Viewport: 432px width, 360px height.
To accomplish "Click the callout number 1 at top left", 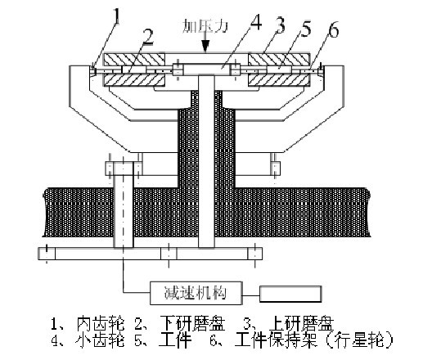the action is [x=117, y=16].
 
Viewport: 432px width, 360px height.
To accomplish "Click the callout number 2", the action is [x=149, y=38].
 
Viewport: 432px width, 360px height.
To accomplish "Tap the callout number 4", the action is [x=255, y=23].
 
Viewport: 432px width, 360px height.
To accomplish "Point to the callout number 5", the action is [x=306, y=29].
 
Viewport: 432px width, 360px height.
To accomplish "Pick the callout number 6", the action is [x=334, y=30].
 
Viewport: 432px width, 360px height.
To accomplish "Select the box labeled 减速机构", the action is [x=196, y=293].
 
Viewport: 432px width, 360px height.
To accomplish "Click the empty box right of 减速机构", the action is [x=290, y=295].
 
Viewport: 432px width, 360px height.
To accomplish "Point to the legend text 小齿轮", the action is [x=100, y=340].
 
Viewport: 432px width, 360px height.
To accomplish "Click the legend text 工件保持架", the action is [x=277, y=340].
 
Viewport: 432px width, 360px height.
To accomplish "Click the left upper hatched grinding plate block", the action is [x=134, y=60].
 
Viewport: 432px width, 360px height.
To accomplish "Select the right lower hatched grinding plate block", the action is [x=279, y=79].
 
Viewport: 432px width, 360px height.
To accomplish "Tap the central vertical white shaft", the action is [x=206, y=161].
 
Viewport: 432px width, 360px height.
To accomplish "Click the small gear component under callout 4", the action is [x=207, y=70].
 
